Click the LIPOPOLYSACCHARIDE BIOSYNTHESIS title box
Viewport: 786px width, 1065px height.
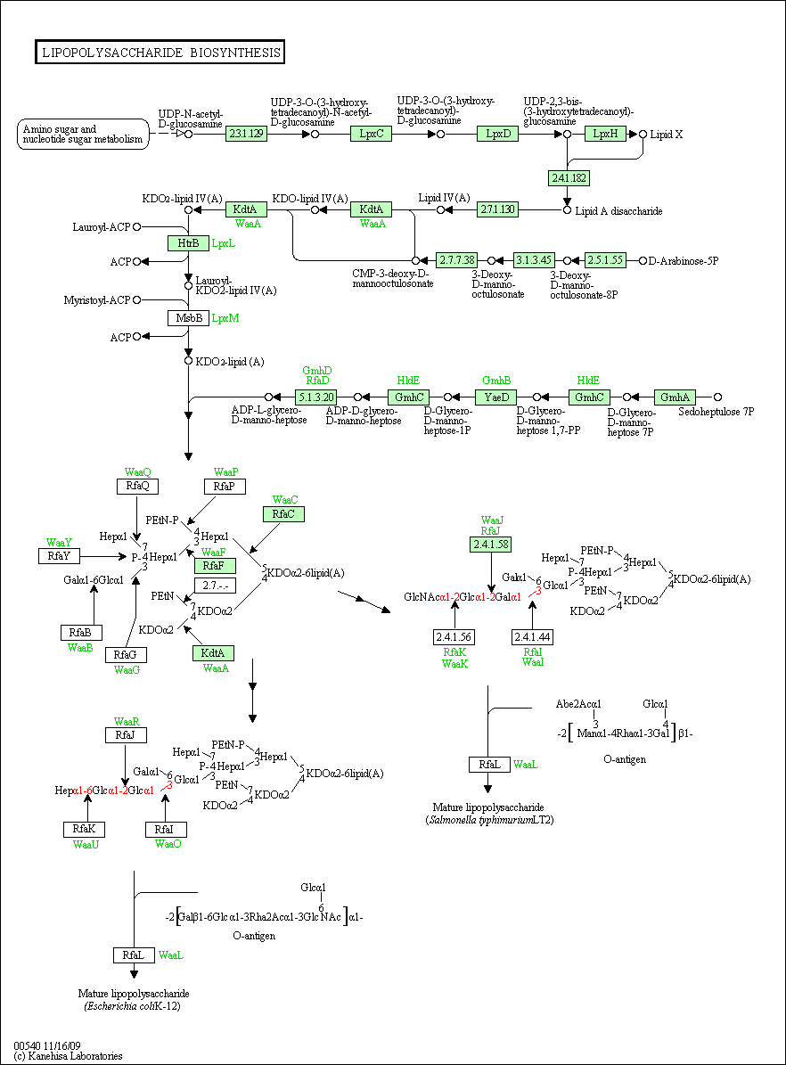pos(160,53)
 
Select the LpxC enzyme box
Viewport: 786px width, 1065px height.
pos(372,134)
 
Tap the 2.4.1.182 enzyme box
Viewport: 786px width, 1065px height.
pos(569,178)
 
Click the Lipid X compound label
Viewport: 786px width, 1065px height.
pos(667,135)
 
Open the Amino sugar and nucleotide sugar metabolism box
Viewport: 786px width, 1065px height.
pos(83,134)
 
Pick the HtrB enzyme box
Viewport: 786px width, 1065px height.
pos(188,242)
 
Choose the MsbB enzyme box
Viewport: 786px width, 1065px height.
pos(189,318)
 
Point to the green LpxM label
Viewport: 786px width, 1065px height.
pos(225,318)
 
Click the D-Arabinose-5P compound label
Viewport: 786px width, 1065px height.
pos(684,261)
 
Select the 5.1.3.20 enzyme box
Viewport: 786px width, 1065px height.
pos(315,397)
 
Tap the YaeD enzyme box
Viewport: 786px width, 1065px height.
pos(496,397)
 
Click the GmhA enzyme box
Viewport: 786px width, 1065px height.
pos(675,397)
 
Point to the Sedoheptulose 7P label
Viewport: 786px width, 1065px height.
pos(716,412)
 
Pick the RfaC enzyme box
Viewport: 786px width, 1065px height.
pos(283,514)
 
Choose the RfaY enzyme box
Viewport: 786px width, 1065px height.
pos(59,556)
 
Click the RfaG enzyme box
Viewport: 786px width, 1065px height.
pos(126,655)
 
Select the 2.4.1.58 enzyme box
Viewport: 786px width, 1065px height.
pos(490,544)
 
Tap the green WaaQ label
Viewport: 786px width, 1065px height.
pos(138,472)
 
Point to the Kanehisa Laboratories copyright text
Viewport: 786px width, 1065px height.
pos(68,1056)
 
